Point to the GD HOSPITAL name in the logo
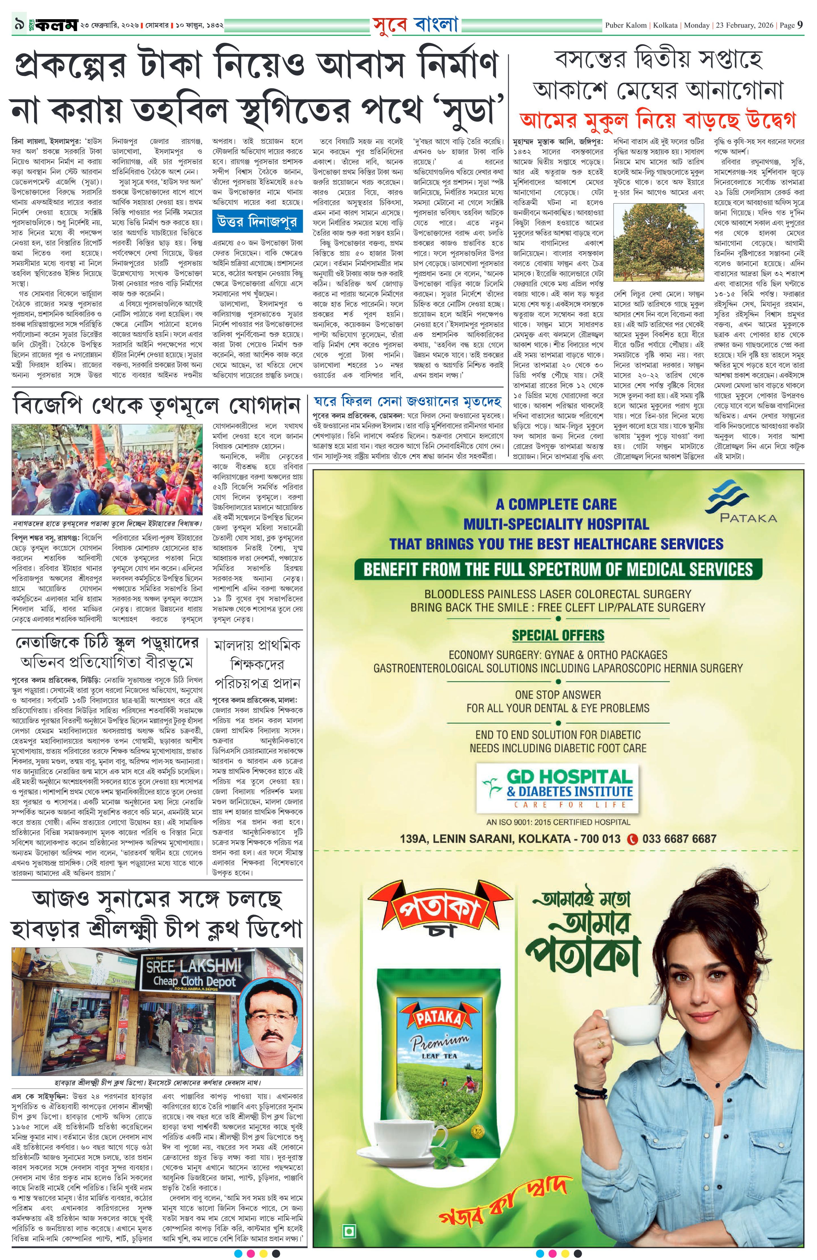[x=570, y=777]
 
